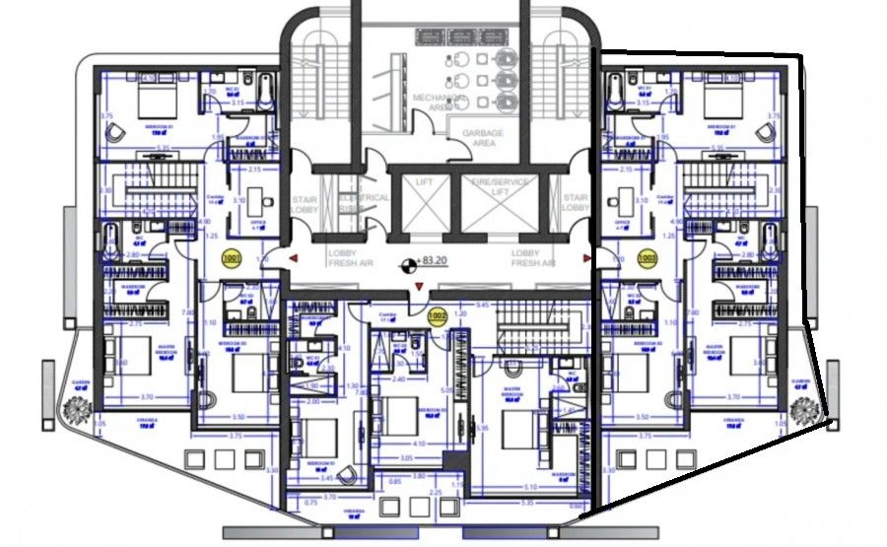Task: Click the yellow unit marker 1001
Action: pos(233,259)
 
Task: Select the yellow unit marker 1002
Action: pos(438,316)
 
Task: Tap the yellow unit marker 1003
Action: pos(648,259)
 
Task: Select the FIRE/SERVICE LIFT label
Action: pos(500,187)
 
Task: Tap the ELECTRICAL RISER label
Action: pos(365,203)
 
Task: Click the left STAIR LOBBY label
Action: pos(304,203)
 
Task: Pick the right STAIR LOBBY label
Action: pos(576,203)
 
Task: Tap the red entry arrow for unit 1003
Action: pos(588,258)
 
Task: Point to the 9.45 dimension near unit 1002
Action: pos(484,306)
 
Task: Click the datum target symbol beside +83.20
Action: pos(405,264)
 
